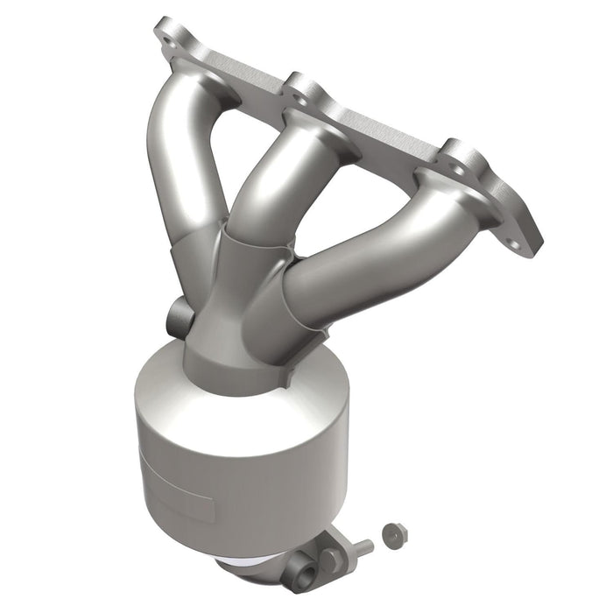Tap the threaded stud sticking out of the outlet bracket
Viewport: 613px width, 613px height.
coord(360,548)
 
